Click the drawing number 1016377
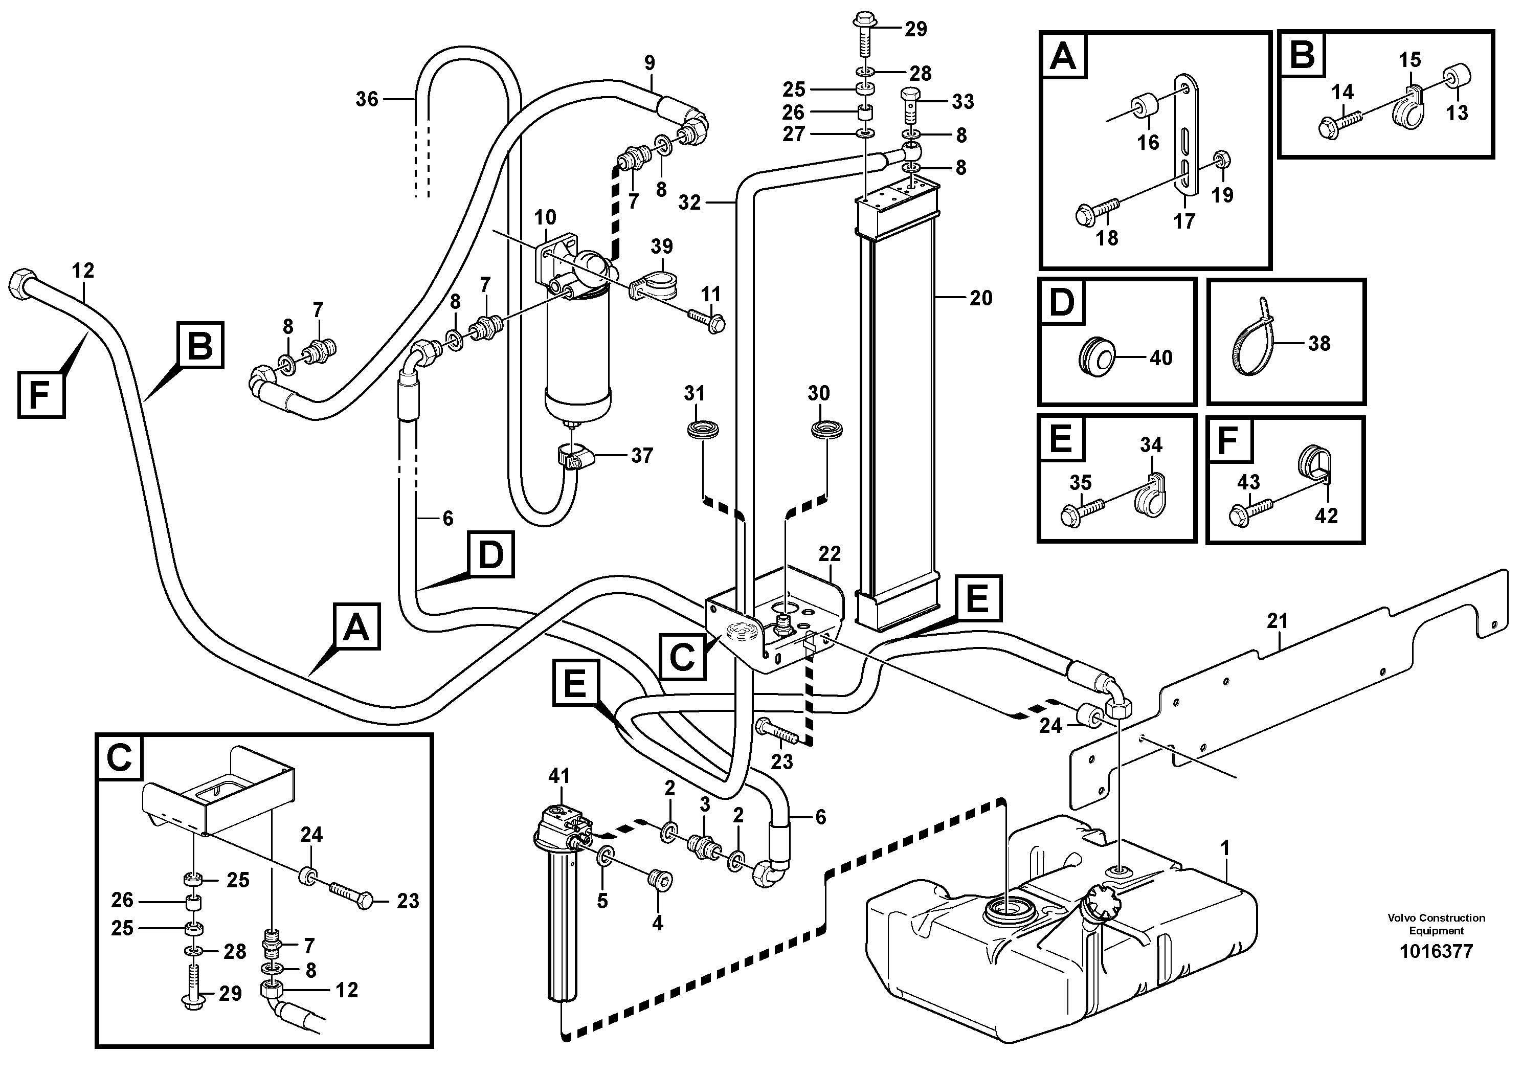pos(1436,952)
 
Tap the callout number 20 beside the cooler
pos(980,298)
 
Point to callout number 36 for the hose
pos(367,99)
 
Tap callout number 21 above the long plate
pos(1277,621)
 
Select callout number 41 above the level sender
pos(559,775)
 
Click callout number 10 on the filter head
pos(545,217)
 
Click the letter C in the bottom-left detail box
pos(120,757)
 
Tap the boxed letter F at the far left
pos(40,396)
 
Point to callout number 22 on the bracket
pos(830,553)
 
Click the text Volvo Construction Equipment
pos(1436,924)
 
